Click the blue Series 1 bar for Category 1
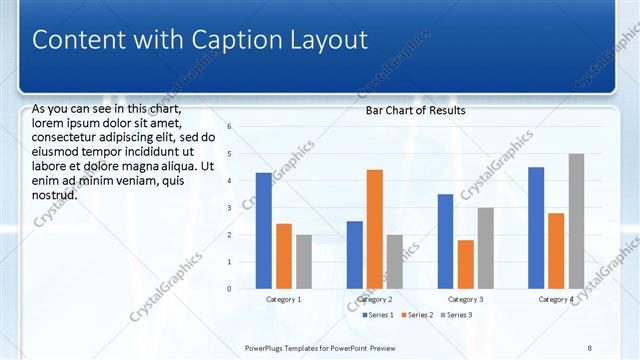264,230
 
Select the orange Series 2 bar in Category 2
375,229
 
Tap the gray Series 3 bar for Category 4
576,221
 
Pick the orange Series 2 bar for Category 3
466,264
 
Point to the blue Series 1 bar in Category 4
536,228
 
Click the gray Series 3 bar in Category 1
304,261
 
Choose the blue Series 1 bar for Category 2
355,255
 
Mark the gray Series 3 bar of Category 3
486,248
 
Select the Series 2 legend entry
417,315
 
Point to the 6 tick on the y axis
229,127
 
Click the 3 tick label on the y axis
229,208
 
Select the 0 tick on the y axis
229,289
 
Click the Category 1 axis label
284,300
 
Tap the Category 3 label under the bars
466,300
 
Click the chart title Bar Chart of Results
415,110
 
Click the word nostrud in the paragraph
55,195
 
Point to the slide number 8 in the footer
590,347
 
